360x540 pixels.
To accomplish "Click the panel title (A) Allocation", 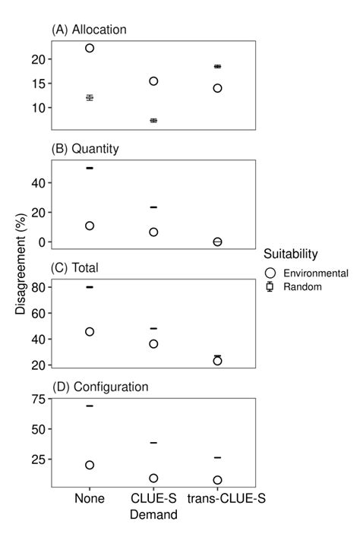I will point(88,30).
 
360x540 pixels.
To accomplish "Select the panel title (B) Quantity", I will point(85,149).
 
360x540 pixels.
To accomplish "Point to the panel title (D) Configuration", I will point(99,387).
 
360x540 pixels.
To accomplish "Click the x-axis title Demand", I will point(153,514).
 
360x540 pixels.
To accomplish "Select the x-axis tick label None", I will point(90,499).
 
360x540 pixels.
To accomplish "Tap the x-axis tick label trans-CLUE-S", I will point(217,499).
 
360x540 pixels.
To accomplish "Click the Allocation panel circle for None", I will point(90,48).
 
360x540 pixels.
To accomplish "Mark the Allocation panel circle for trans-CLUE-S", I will point(217,88).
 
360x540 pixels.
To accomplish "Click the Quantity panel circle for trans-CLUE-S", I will point(217,242).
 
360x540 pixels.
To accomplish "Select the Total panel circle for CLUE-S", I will point(153,344).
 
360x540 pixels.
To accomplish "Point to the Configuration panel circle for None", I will point(90,465).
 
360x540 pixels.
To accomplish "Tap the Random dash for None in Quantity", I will point(90,168).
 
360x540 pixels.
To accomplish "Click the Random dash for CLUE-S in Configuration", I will point(153,442).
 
